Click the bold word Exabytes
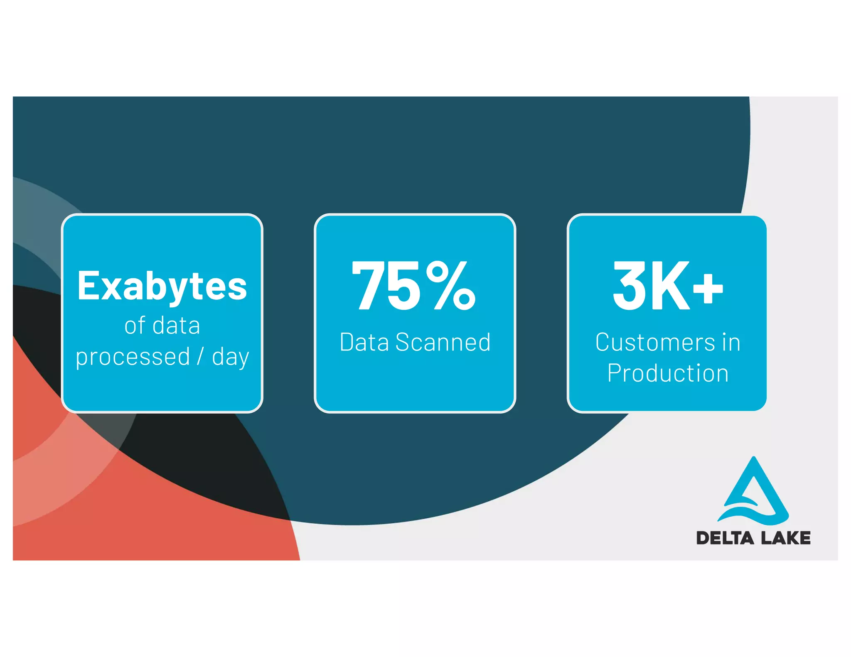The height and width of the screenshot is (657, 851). (x=162, y=287)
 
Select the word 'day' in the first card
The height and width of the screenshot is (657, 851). (x=231, y=357)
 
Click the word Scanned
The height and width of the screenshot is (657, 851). (x=443, y=342)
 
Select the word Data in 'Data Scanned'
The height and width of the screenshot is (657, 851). (x=364, y=342)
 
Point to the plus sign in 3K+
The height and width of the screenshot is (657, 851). (x=708, y=288)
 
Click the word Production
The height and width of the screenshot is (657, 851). (x=668, y=373)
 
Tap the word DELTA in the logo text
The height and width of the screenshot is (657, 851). (x=725, y=538)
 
